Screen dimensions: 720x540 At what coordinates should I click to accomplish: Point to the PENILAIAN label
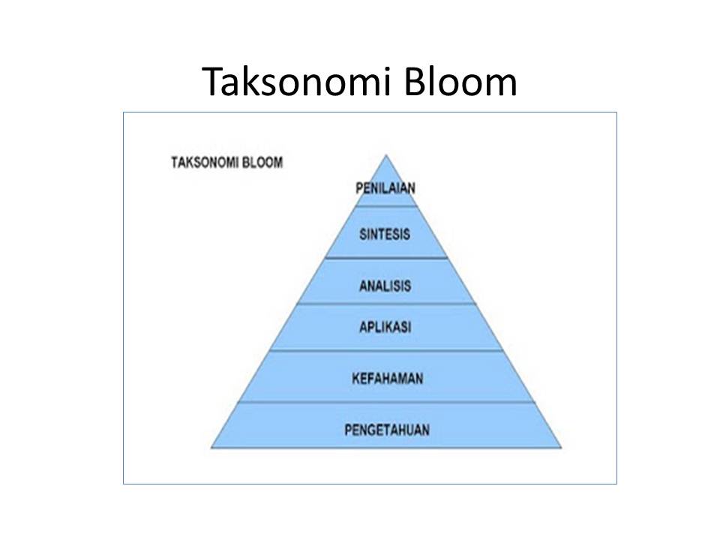[x=385, y=187]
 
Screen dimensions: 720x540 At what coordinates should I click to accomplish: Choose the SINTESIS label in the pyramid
[x=385, y=234]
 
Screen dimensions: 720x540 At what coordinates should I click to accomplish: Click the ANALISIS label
[x=385, y=286]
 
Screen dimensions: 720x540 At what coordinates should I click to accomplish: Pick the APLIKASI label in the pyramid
[x=385, y=327]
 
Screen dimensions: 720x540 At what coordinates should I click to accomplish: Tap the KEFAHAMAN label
[x=387, y=378]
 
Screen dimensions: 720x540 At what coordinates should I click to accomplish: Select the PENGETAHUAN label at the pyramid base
[x=387, y=430]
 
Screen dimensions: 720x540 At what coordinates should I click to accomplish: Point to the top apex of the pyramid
[x=386, y=155]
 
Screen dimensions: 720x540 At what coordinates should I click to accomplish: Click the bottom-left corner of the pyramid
[x=211, y=448]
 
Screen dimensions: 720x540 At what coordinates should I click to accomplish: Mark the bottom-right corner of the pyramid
[x=561, y=448]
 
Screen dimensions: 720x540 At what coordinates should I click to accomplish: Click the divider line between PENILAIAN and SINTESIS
[x=386, y=205]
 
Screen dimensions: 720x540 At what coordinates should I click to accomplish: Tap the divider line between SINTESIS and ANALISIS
[x=386, y=259]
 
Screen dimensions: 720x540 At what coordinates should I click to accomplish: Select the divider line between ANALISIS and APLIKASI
[x=386, y=304]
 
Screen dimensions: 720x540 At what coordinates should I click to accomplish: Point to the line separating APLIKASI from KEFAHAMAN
[x=386, y=350]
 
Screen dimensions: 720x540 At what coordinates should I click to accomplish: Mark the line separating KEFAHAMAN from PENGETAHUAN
[x=386, y=402]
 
